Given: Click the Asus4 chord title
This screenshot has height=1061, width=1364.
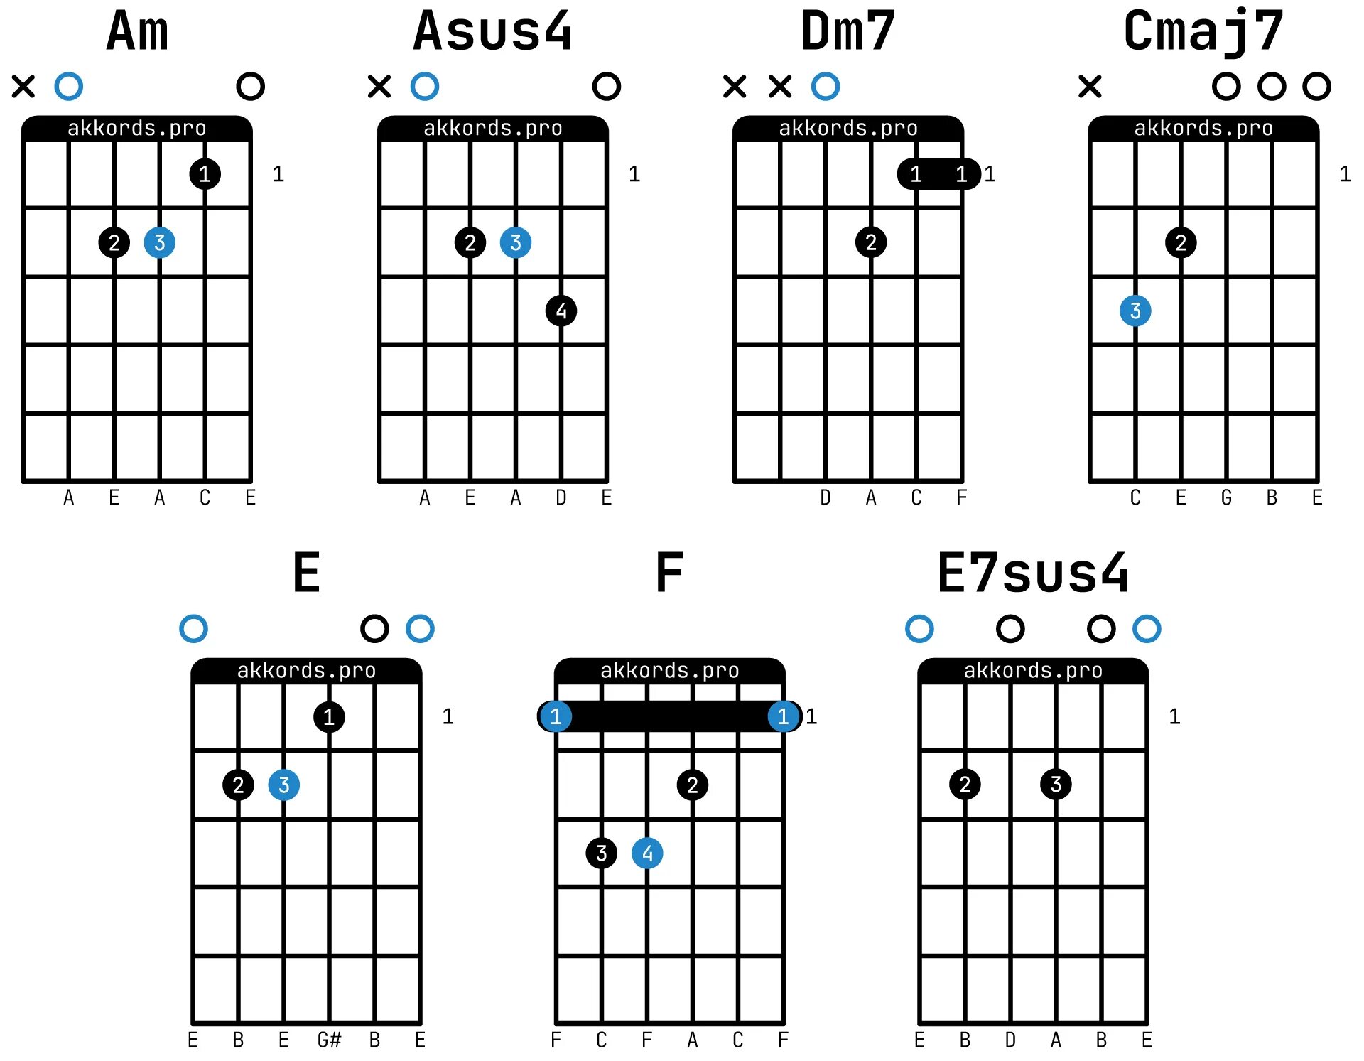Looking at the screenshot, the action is tap(492, 32).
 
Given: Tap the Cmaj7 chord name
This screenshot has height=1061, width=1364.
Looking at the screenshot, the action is tap(1203, 32).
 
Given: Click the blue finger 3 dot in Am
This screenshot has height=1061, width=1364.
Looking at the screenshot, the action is tap(160, 242).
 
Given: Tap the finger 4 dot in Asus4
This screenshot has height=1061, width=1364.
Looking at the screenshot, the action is tap(561, 311).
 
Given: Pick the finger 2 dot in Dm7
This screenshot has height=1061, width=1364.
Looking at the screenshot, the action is tap(871, 242).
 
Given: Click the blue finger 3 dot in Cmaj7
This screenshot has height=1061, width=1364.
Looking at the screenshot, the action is tap(1135, 311).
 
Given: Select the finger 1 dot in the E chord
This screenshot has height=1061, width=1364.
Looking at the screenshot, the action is tap(329, 716).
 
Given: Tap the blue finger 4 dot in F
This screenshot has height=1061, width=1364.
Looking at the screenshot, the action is tap(647, 853).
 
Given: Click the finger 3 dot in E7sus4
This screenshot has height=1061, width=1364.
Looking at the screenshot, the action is tap(1056, 785).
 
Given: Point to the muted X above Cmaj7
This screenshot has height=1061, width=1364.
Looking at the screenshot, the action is tap(1090, 87).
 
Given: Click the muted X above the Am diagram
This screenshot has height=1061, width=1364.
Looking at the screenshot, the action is tap(23, 87).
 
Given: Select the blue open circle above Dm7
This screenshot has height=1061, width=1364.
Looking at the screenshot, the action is tap(826, 87).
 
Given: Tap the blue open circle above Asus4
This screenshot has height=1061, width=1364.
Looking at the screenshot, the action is tap(425, 87).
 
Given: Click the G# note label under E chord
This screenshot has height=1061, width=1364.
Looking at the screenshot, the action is tap(329, 1040).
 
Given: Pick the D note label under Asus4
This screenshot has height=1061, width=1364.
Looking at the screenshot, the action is tap(561, 497).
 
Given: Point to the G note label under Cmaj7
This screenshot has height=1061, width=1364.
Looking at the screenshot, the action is tap(1226, 497).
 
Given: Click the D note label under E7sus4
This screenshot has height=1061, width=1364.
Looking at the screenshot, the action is tap(1010, 1040).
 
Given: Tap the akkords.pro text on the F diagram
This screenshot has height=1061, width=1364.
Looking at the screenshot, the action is tap(670, 670).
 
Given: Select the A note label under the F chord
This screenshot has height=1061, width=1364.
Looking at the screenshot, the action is tap(693, 1040).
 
